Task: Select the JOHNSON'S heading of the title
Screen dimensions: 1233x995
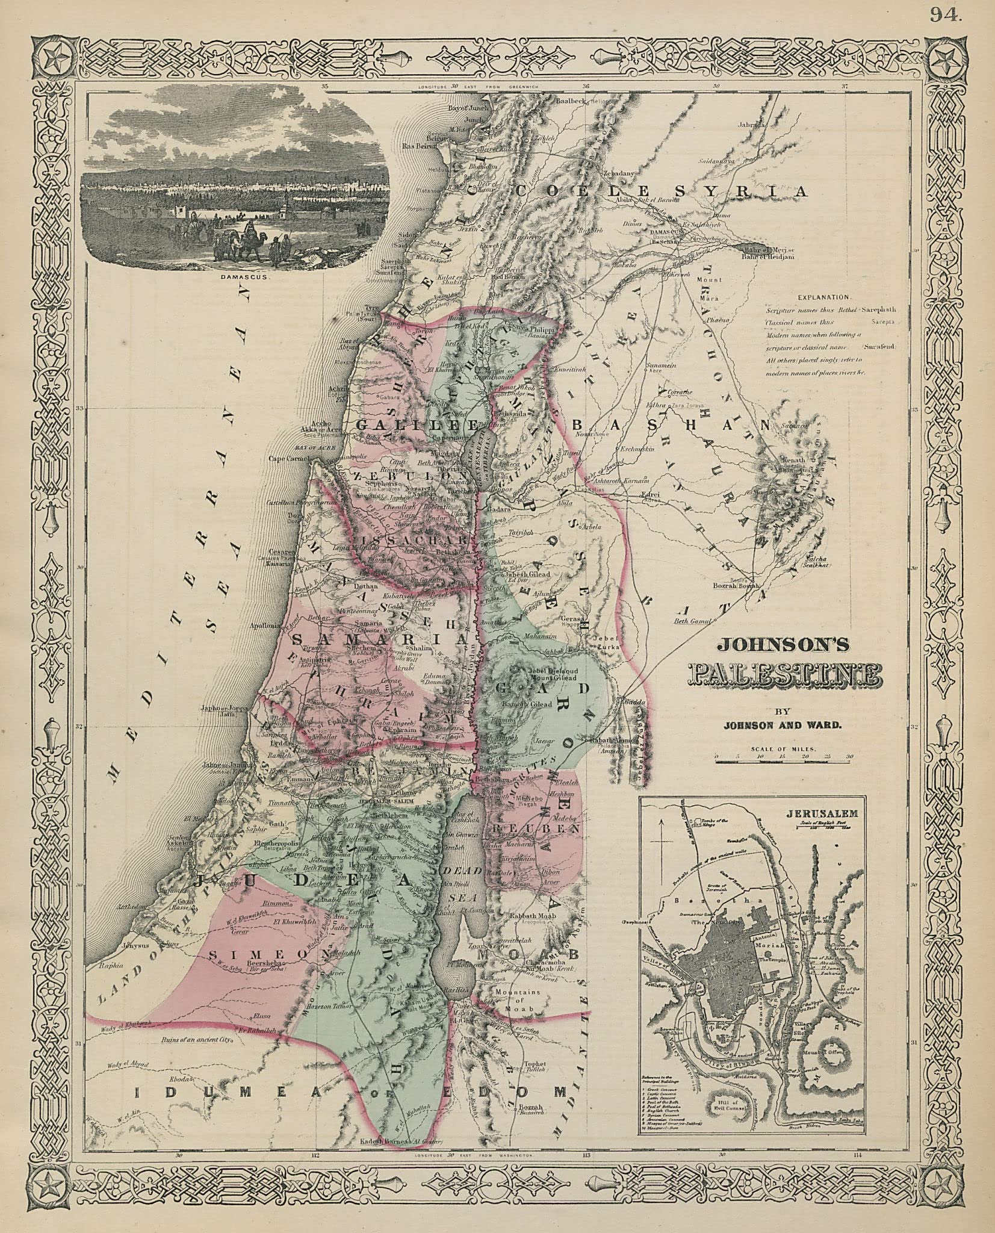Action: (x=782, y=645)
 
